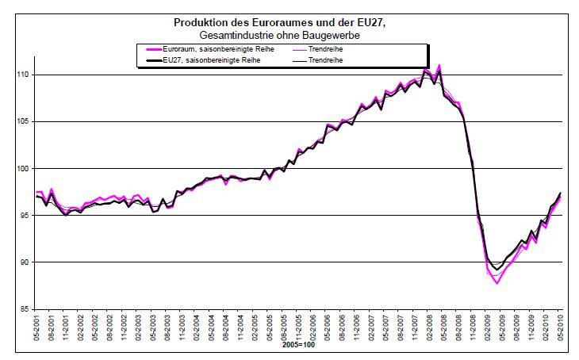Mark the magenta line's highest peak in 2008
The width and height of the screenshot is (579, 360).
point(439,65)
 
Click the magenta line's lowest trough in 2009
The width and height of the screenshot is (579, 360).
point(497,283)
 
